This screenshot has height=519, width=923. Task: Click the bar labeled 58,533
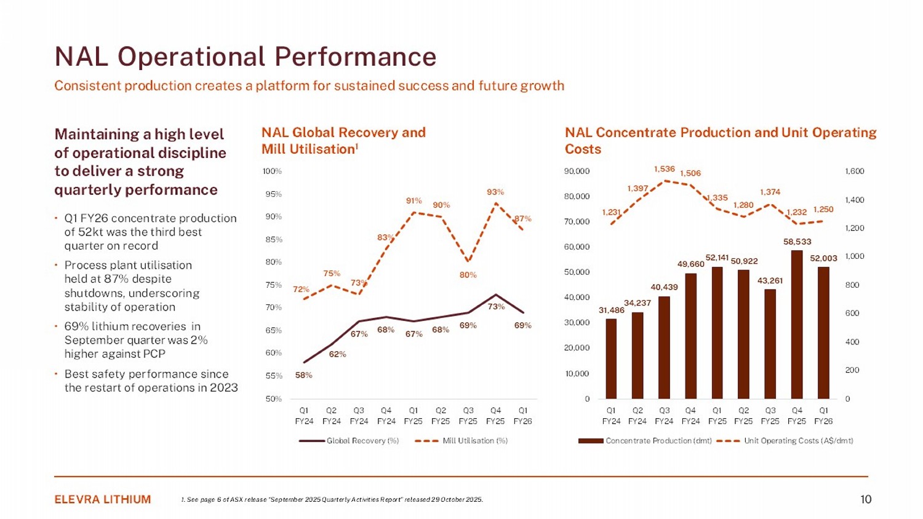pyautogui.click(x=797, y=324)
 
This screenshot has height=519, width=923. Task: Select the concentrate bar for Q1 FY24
pyautogui.click(x=611, y=359)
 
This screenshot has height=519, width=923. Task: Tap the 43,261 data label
pyautogui.click(x=770, y=281)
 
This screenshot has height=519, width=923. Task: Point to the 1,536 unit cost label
pyautogui.click(x=665, y=169)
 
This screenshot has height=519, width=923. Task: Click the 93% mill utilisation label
pyautogui.click(x=495, y=192)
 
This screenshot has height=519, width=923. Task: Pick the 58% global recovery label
pyautogui.click(x=304, y=375)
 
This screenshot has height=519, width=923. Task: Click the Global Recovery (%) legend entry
pyautogui.click(x=349, y=441)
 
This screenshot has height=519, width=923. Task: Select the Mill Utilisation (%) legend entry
pyautogui.click(x=461, y=441)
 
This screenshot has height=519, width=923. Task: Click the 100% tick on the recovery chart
pyautogui.click(x=273, y=171)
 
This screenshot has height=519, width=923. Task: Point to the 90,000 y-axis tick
pyautogui.click(x=577, y=171)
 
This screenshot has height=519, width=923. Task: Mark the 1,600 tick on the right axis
pyautogui.click(x=855, y=172)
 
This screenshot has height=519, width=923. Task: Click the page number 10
pyautogui.click(x=866, y=499)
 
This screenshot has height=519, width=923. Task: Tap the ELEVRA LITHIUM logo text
pyautogui.click(x=103, y=499)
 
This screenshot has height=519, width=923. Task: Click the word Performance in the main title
pyautogui.click(x=355, y=57)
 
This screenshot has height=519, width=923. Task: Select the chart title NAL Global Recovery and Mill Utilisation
pyautogui.click(x=343, y=141)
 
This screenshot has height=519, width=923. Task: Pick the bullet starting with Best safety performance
pyautogui.click(x=151, y=381)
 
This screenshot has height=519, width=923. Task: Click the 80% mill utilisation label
pyautogui.click(x=468, y=275)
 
